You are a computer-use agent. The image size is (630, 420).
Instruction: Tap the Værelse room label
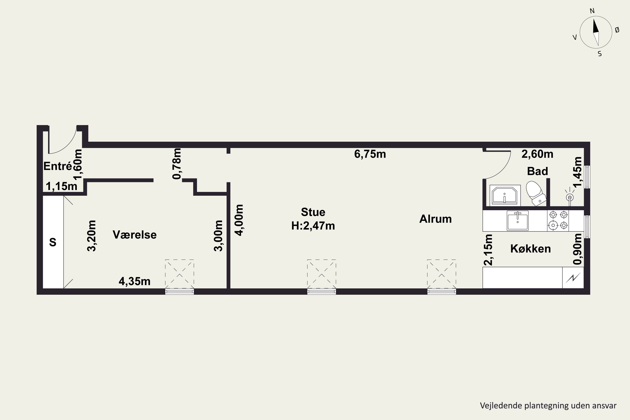(134, 235)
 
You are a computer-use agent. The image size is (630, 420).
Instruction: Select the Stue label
(313, 212)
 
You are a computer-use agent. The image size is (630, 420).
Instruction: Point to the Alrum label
(435, 219)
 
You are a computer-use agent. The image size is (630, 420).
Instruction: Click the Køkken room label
(530, 249)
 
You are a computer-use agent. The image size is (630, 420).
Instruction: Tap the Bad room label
(537, 171)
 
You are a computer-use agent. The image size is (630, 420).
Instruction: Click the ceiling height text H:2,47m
(313, 226)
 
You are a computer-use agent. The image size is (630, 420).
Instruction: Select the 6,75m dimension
(370, 154)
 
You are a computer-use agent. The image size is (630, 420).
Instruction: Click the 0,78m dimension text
(177, 164)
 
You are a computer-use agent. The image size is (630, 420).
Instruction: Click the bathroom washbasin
(505, 196)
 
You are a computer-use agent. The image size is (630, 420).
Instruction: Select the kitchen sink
(517, 221)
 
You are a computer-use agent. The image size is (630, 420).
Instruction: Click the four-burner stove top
(558, 221)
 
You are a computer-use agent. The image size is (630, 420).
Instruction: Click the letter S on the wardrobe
(53, 242)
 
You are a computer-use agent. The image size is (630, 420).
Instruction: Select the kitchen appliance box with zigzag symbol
(573, 277)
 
